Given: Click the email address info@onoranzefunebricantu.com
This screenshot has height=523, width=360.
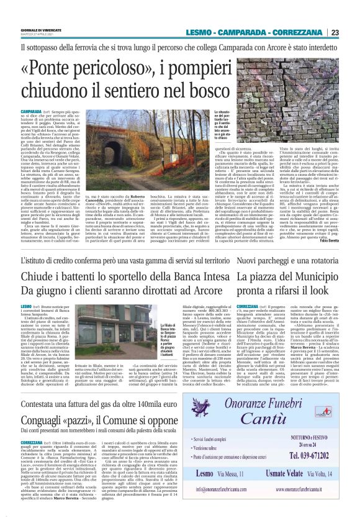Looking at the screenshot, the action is click(x=239, y=489).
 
